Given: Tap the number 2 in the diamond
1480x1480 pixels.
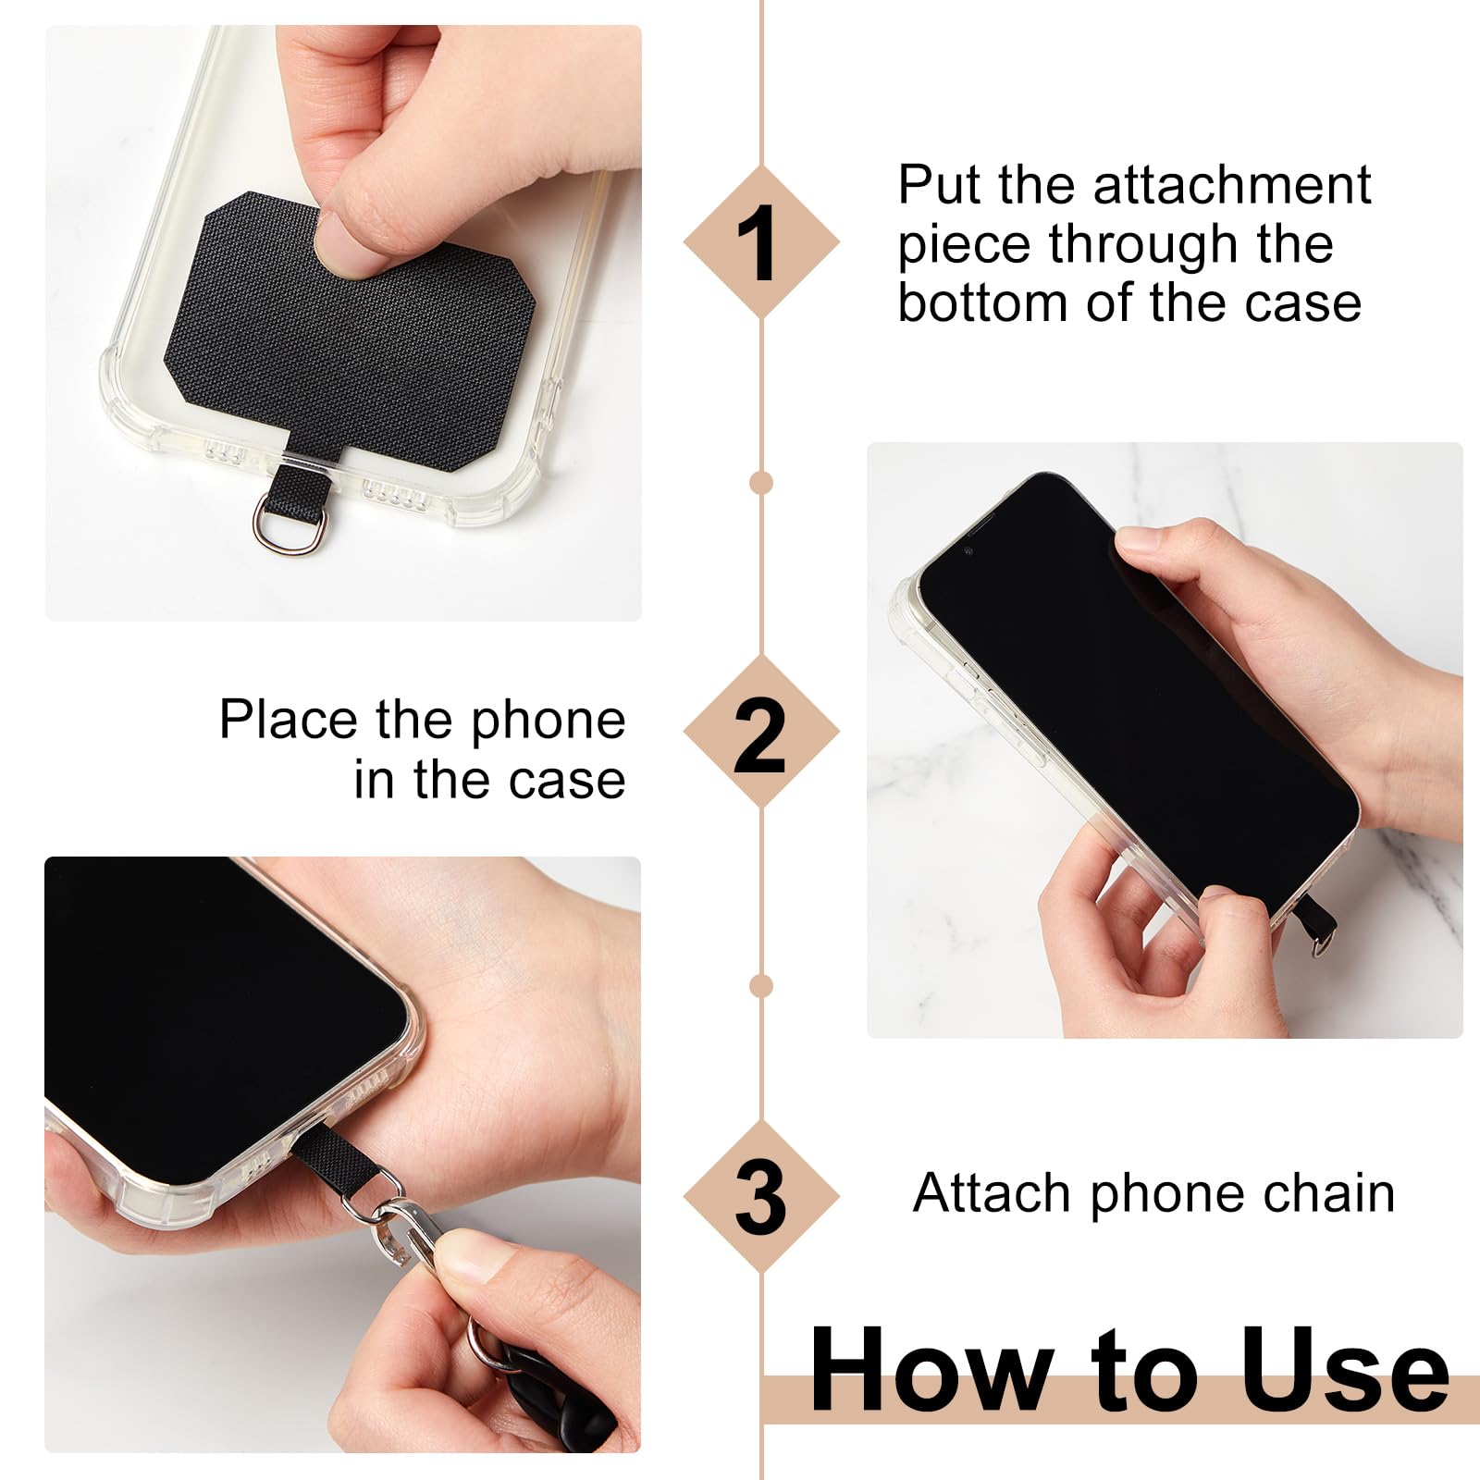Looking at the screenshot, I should pos(759,736).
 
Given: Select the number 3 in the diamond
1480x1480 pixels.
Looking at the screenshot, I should pos(760,1197).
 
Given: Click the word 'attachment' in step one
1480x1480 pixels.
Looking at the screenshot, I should pos(1231,185).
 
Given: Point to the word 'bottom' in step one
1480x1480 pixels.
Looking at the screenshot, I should pos(984,303).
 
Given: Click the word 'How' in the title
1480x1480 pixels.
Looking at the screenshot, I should pos(931,1368).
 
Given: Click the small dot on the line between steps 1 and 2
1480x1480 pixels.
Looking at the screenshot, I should pos(761,483).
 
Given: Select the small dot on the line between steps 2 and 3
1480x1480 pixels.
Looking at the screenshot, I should pos(761,986).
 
